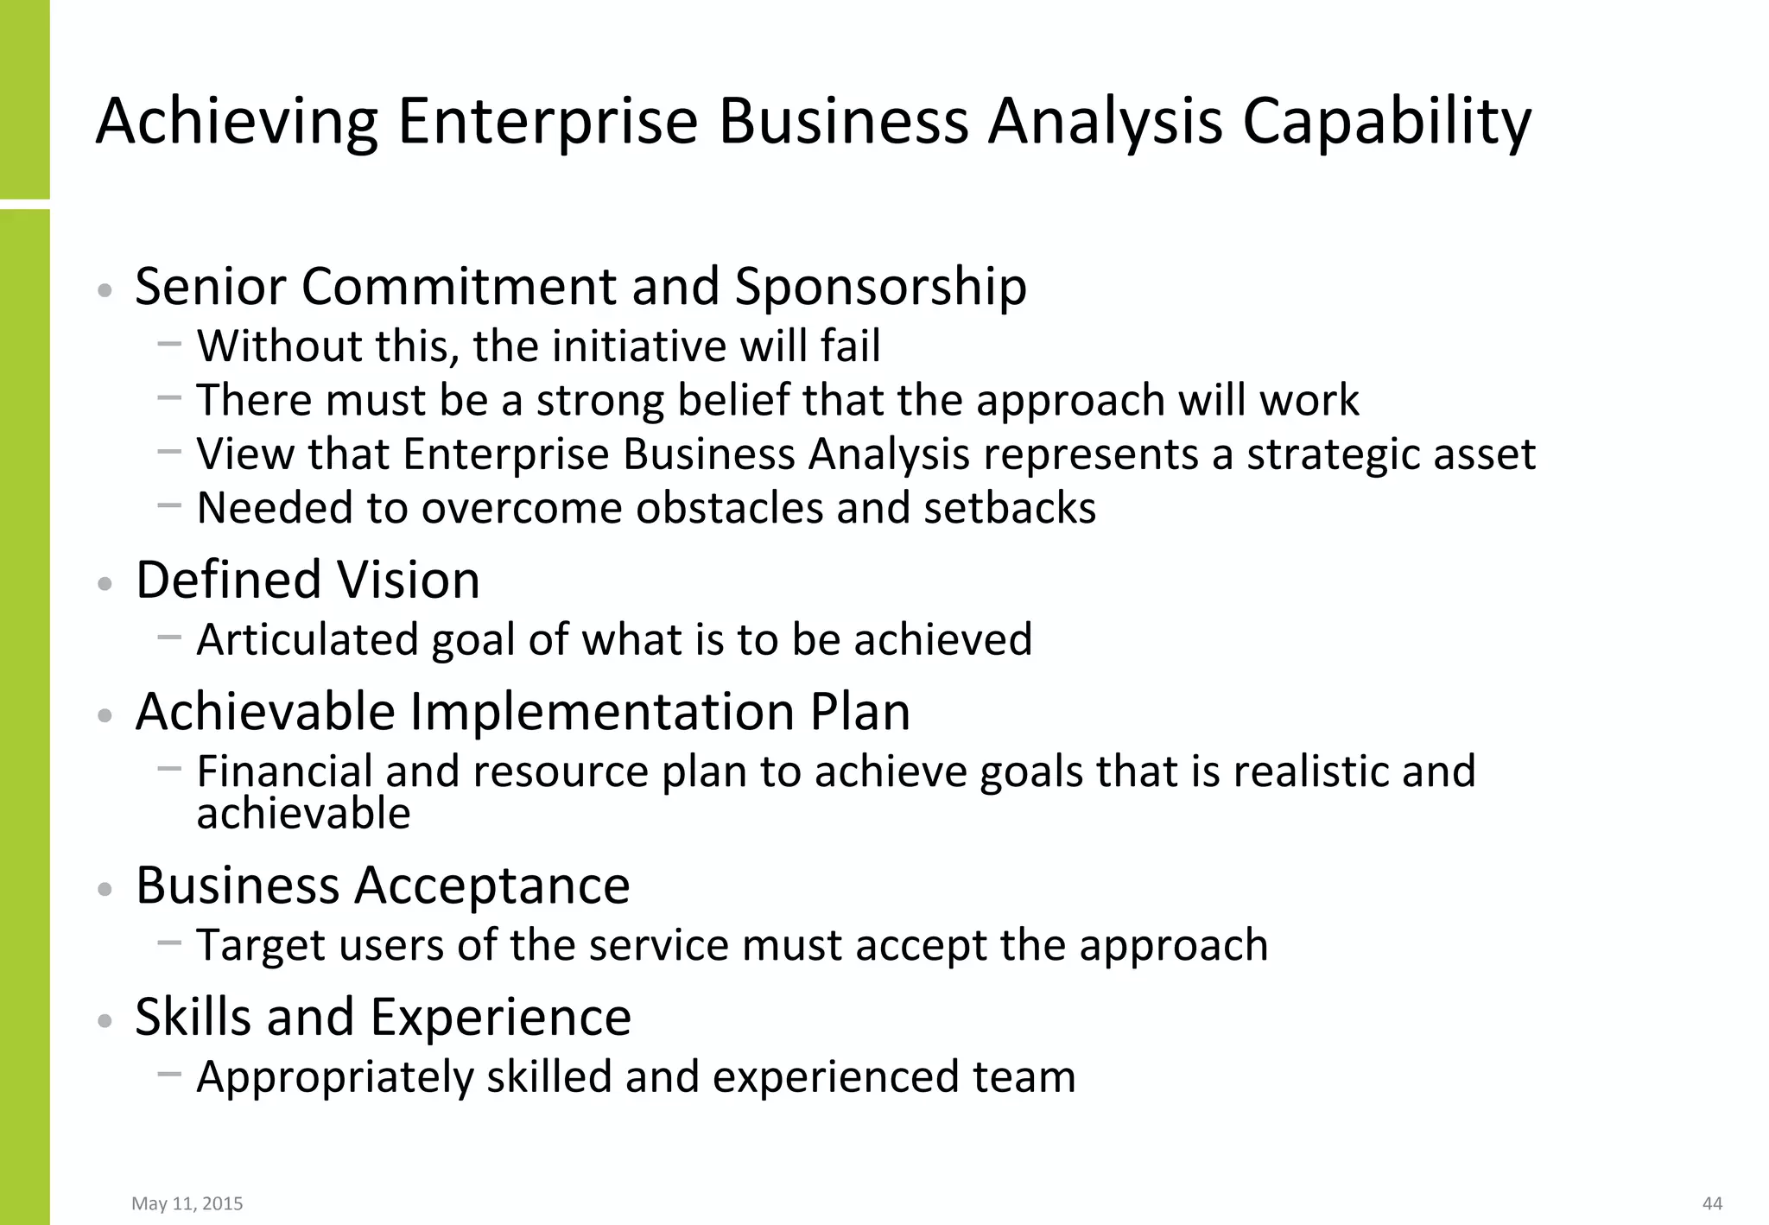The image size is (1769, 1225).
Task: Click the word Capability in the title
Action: [x=1386, y=123]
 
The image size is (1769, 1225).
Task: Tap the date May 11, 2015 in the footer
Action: [x=187, y=1203]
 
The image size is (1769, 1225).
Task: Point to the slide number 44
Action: [x=1712, y=1203]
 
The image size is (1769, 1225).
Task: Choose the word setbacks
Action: [x=1010, y=508]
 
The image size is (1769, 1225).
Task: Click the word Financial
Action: [x=284, y=771]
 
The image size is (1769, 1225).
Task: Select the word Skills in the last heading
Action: [x=193, y=1017]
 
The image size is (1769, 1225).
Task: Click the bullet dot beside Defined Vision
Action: [x=105, y=584]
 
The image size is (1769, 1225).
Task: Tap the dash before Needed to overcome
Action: [x=169, y=505]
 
